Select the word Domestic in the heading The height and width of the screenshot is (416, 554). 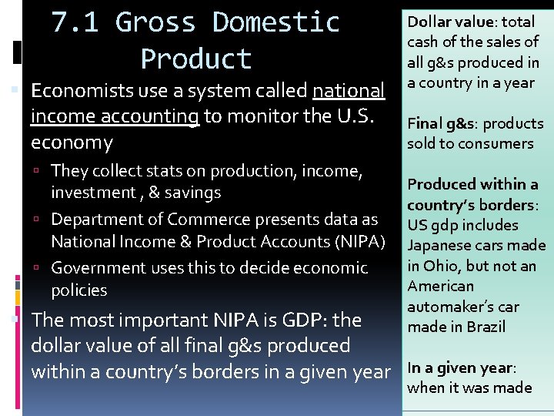pyautogui.click(x=275, y=22)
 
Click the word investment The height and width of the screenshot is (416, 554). pyautogui.click(x=92, y=193)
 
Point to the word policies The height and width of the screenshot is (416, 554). pyautogui.click(x=78, y=290)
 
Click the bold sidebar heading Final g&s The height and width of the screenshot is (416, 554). pyautogui.click(x=439, y=123)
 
